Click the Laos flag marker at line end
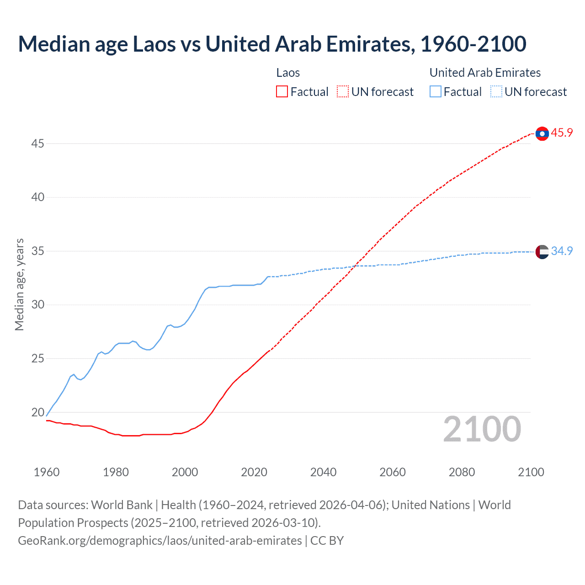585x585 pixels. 542,133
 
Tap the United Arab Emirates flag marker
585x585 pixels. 542,252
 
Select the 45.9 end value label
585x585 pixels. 562,133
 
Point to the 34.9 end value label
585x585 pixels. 562,251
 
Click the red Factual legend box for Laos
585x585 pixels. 282,92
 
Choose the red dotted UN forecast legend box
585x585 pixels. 343,92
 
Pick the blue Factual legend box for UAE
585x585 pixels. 435,92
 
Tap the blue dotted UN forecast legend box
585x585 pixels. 496,92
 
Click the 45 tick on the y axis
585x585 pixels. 37,144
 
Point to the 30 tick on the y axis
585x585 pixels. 37,305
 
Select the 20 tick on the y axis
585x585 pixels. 37,412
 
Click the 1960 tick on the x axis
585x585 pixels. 47,472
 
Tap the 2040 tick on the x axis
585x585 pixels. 323,472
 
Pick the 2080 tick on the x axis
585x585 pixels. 462,472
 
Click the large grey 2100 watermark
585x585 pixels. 482,429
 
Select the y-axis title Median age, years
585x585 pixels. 19,284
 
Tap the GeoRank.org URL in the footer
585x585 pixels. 160,541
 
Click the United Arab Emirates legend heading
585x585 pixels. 485,73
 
